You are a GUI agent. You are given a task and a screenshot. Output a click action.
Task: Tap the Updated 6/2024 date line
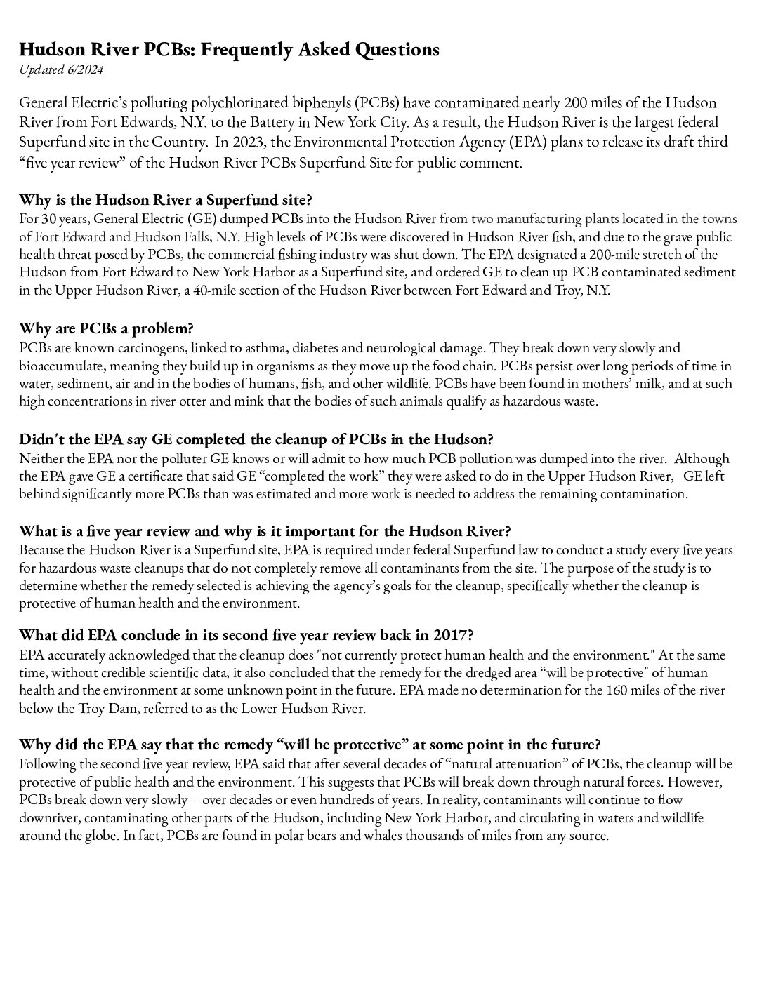click(61, 69)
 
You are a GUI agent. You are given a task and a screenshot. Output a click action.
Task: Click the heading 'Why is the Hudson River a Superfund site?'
click(166, 199)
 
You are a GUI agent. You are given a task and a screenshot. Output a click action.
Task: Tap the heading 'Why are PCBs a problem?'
click(106, 328)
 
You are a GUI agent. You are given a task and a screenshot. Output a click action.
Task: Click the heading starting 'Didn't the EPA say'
click(256, 440)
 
